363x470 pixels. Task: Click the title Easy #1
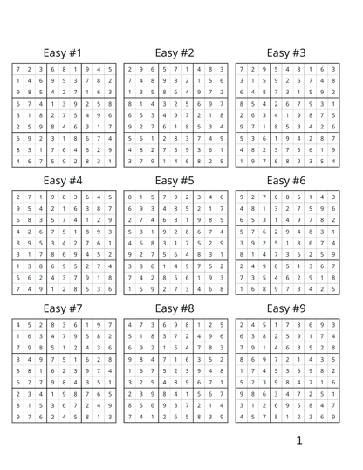tap(63, 53)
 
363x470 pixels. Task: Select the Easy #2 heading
tap(175, 53)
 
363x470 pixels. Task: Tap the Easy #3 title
tap(286, 53)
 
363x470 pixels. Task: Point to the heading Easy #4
tap(63, 181)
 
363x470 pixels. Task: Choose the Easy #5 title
tap(175, 181)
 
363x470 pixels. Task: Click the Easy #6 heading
tap(286, 181)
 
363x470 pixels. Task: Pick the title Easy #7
tap(63, 308)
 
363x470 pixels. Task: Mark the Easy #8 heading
tap(175, 308)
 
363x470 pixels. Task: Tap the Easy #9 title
tap(286, 308)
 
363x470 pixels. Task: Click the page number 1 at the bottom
tap(298, 440)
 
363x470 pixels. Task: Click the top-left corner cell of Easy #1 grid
tap(17, 69)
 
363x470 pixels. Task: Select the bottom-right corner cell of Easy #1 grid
tap(110, 161)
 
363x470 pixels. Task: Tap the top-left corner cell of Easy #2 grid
tap(129, 69)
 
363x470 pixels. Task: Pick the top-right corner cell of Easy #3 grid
tap(333, 69)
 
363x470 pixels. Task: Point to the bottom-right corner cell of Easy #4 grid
tap(110, 288)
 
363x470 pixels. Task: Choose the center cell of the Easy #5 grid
tap(175, 243)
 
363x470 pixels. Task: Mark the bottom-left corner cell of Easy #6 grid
tap(241, 288)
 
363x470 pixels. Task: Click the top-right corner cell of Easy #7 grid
tap(110, 324)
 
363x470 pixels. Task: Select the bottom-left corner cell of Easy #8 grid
tap(129, 417)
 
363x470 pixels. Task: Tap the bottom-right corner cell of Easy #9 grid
tap(333, 417)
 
